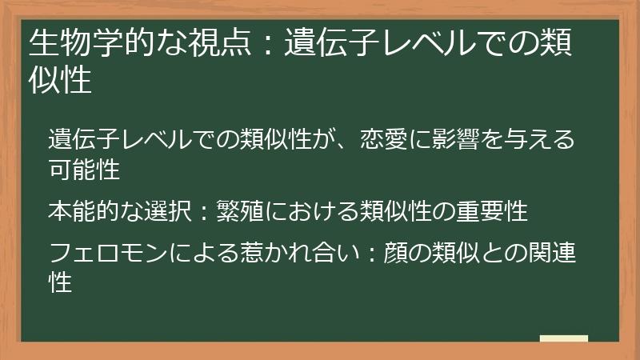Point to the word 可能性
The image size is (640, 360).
coord(84,169)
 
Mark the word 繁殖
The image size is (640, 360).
coord(240,211)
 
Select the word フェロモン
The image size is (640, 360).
coord(108,253)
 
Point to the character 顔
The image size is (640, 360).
coord(395,253)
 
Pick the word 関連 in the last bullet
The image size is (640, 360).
coord(551,253)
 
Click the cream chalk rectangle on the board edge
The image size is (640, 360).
coord(564,338)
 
